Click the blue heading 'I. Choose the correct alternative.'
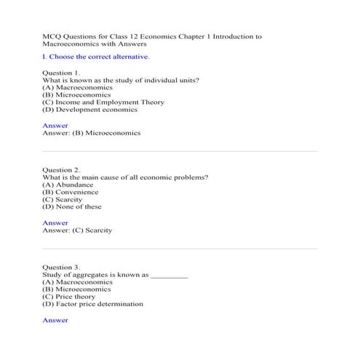pyautogui.click(x=97, y=56)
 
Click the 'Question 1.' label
pyautogui.click(x=62, y=73)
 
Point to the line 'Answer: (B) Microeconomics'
pyautogui.click(x=92, y=133)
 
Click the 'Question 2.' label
pyautogui.click(x=62, y=169)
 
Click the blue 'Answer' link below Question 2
pyautogui.click(x=55, y=223)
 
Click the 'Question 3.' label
pyautogui.click(x=62, y=267)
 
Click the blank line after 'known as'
pyautogui.click(x=169, y=276)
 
